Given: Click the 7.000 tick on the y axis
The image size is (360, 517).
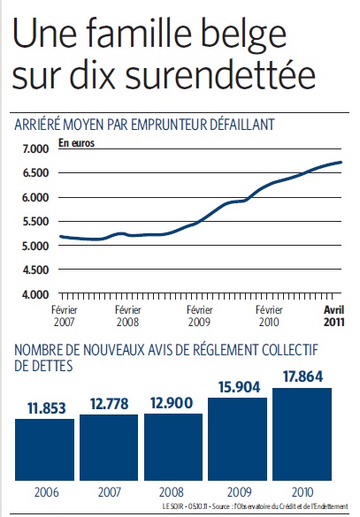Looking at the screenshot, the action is tap(36, 148).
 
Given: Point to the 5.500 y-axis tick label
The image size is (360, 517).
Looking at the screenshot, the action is tap(36, 222).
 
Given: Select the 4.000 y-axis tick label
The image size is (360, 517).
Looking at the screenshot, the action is tap(35, 294).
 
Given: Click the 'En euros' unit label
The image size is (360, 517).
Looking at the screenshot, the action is tap(77, 143).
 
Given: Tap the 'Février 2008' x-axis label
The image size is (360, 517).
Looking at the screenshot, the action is tap(128, 316).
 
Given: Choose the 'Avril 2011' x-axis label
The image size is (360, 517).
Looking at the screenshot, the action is tap(334, 316).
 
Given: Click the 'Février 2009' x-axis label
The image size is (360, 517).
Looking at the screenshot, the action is tap(200, 316).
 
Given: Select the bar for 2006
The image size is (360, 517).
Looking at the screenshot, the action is tap(44, 450).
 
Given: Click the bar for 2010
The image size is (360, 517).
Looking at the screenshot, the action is tap(302, 434).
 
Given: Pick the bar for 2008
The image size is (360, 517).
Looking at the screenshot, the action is tap(173, 447).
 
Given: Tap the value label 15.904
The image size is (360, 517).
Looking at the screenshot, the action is tap(239, 387).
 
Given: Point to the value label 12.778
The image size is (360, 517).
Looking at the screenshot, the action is tap(109, 404).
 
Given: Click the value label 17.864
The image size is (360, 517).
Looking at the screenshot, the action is tap(303, 376).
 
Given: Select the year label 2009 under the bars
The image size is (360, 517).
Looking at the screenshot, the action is tap(240, 492).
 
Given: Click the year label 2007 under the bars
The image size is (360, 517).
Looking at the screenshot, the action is tap(110, 492).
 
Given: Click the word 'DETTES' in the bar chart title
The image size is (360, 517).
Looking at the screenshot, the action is tap(43, 366).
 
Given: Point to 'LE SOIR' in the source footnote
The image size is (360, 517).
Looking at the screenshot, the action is tap(172, 506).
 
